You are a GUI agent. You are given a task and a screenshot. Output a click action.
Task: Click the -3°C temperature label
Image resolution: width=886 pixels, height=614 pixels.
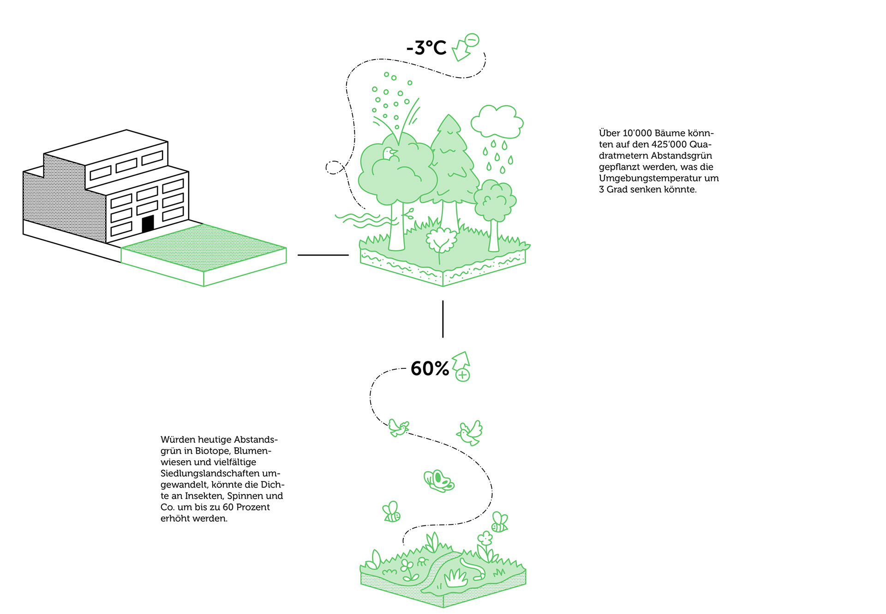click(x=426, y=48)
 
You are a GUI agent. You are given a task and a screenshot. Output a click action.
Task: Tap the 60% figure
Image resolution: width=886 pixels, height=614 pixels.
click(x=429, y=368)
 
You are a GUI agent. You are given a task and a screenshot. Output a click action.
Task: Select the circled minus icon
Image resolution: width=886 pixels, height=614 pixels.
click(x=472, y=40)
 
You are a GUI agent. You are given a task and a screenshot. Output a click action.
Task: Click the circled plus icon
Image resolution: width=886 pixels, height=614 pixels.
click(x=462, y=375)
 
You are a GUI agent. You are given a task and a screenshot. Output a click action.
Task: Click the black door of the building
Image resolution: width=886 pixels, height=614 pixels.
click(x=148, y=224)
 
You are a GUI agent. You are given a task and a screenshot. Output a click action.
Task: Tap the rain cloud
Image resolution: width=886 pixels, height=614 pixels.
click(x=497, y=122)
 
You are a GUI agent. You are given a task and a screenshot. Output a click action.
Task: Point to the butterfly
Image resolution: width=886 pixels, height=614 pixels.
click(x=438, y=481)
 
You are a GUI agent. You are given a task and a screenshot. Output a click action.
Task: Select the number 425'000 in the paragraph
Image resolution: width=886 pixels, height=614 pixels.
click(x=669, y=144)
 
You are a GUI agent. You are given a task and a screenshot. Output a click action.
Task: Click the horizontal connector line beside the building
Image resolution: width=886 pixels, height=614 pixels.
click(x=323, y=255)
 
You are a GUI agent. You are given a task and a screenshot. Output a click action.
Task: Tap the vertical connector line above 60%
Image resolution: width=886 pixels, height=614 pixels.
click(x=443, y=319)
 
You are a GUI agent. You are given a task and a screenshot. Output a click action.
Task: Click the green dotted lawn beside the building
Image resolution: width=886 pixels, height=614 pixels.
click(x=203, y=247)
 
